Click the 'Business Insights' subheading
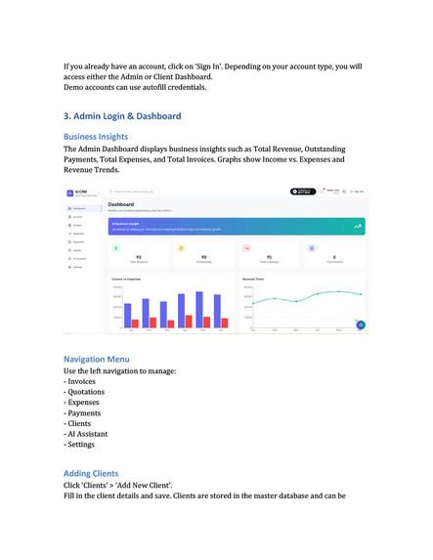96,137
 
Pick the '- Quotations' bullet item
90,398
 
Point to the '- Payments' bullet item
88,422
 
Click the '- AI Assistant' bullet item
91,434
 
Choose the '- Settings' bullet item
85,446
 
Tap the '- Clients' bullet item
83,422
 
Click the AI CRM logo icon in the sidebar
69,192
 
